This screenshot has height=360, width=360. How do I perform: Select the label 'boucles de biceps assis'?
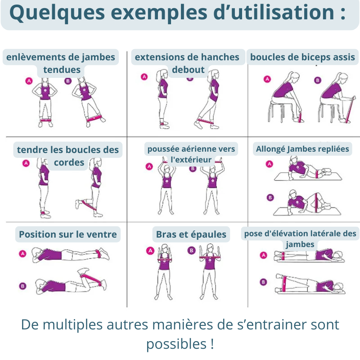click(302, 57)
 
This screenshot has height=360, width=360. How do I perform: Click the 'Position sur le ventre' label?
click(68, 234)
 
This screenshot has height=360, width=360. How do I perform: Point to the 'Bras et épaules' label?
click(191, 234)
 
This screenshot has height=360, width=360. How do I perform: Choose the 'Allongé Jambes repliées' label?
click(302, 149)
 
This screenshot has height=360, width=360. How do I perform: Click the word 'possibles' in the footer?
click(176, 344)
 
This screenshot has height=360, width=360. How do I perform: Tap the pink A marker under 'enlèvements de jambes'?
click(29, 81)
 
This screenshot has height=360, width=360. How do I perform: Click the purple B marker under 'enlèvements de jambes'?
click(68, 81)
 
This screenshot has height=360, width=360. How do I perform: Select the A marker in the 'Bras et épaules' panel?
click(150, 251)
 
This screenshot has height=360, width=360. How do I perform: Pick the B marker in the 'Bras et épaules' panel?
click(192, 250)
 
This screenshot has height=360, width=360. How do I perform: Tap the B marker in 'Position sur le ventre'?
click(22, 286)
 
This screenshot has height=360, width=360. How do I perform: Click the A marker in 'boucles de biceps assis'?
click(267, 79)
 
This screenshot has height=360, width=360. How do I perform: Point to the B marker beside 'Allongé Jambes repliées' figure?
click(270, 198)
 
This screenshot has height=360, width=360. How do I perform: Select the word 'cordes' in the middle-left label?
click(69, 162)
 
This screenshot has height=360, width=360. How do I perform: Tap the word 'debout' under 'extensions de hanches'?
click(188, 70)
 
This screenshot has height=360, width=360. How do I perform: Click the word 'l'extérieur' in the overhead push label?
click(191, 159)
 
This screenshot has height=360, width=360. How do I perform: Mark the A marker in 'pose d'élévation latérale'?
click(263, 255)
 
